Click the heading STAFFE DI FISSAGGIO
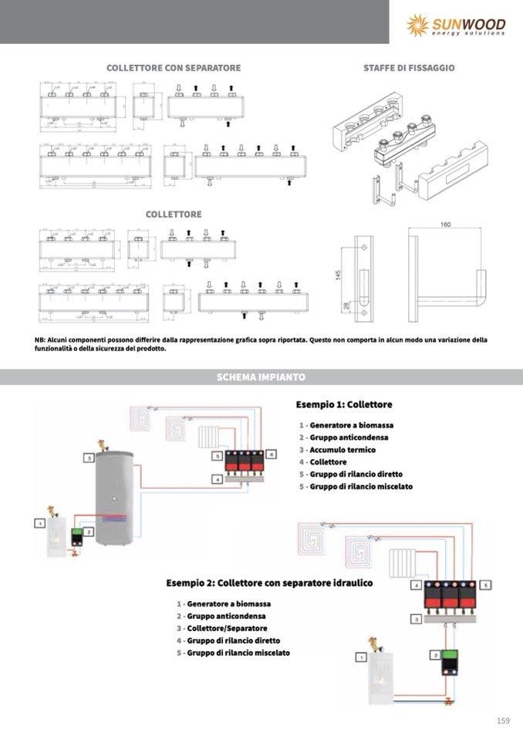coord(409,68)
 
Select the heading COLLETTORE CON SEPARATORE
coord(174,68)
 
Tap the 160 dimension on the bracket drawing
coord(445,225)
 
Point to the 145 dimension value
coord(338,275)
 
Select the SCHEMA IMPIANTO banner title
coord(261,377)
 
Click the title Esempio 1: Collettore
coord(344,404)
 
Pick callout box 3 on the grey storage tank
coord(89,458)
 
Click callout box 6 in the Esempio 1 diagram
coord(272,455)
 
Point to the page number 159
coord(503,721)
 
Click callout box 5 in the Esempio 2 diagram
coord(485,585)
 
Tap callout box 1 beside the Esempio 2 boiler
coord(359,657)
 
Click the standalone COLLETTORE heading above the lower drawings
coord(174,214)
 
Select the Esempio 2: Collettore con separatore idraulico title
coord(269,583)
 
